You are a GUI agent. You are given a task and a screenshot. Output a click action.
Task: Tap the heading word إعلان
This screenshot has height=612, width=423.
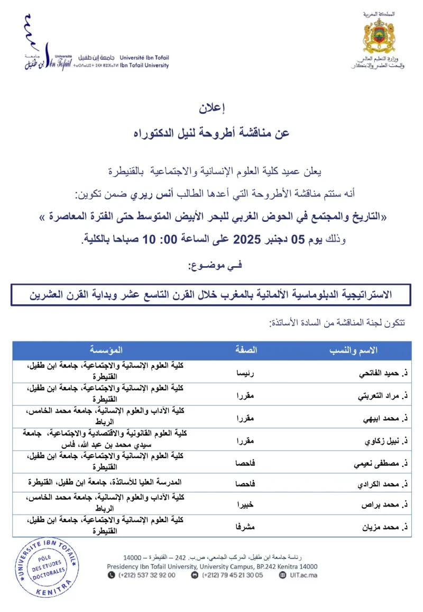(x=212, y=110)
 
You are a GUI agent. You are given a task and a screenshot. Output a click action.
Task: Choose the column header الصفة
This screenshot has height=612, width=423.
(x=246, y=350)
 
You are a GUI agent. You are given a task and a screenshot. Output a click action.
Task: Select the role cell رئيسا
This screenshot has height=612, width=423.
(x=245, y=373)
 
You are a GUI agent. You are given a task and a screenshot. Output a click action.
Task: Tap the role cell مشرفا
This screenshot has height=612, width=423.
(x=245, y=526)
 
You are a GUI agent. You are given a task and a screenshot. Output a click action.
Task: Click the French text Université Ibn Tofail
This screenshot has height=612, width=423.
(x=144, y=57)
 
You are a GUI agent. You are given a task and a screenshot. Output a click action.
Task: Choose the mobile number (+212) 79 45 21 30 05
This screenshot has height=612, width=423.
(x=233, y=575)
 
